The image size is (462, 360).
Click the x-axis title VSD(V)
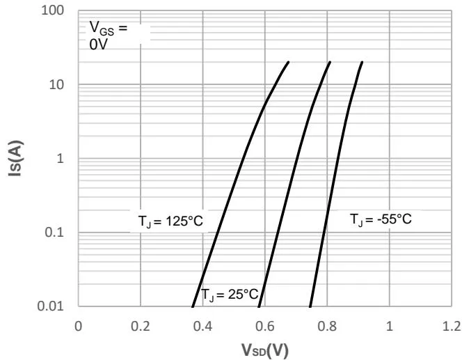[264, 348]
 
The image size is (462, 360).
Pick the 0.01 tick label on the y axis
[53, 306]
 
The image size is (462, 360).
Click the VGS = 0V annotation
[109, 35]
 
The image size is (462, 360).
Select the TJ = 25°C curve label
[230, 295]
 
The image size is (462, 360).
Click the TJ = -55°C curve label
[381, 219]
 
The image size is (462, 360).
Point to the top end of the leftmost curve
[288, 62]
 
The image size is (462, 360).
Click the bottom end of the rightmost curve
[310, 306]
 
